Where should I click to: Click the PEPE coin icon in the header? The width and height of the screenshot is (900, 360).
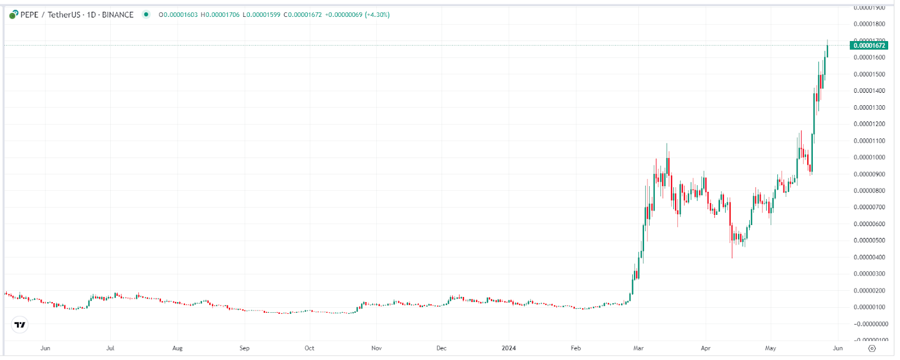point(13,15)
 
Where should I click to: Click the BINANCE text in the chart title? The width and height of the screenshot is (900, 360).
point(118,15)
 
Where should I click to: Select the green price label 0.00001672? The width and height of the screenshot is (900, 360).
point(869,46)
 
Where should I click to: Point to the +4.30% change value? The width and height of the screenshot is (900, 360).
point(377,15)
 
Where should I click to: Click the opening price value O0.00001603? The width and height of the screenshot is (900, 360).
point(178,15)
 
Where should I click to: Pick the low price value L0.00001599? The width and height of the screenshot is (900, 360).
point(262,15)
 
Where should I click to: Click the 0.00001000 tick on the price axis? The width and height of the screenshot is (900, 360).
point(869,157)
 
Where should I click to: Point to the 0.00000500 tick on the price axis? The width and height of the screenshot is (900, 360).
point(869,241)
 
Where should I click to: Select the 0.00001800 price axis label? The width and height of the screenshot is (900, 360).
point(869,24)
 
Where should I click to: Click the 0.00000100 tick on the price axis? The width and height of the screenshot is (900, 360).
point(869,307)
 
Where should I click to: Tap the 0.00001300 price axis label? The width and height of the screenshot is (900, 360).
point(869,107)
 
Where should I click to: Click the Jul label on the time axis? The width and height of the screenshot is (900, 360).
point(110,348)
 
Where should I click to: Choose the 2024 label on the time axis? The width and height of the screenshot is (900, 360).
point(508,348)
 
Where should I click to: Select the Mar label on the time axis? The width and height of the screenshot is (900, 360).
point(638,348)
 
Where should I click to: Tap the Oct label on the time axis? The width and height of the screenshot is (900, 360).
point(309,348)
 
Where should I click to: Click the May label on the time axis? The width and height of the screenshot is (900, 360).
point(771,348)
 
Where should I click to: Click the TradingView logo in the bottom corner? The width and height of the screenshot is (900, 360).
point(20,325)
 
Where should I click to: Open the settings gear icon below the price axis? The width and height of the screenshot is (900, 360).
point(872,348)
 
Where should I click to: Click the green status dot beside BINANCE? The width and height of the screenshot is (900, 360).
point(146,15)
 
